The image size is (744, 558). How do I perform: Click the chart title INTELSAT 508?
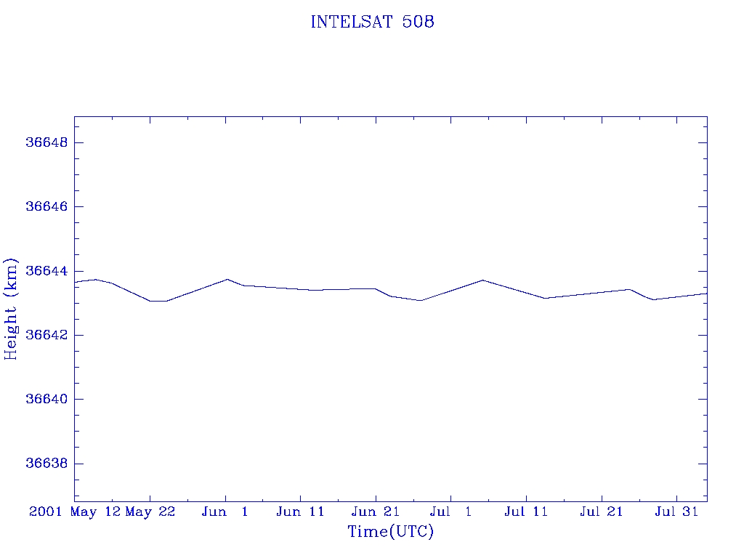(x=372, y=23)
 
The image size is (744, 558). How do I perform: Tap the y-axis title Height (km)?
(x=11, y=309)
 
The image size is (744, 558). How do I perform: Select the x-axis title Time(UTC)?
(x=391, y=532)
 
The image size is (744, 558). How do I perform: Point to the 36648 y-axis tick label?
(x=46, y=142)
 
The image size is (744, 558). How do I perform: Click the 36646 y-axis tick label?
(x=46, y=207)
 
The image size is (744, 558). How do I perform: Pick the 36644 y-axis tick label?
(x=46, y=271)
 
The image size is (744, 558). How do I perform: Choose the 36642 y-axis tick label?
(x=46, y=336)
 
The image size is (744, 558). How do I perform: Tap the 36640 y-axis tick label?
(x=46, y=400)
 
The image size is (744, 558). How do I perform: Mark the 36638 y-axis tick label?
(x=46, y=464)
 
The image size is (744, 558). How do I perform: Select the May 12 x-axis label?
(x=97, y=512)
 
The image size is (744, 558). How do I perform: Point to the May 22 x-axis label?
(x=150, y=512)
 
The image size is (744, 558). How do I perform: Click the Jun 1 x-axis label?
(x=225, y=512)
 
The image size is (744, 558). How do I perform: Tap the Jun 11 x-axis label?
(x=300, y=512)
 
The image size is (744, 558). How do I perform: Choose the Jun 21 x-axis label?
(x=376, y=512)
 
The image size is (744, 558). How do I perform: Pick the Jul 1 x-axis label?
(x=450, y=512)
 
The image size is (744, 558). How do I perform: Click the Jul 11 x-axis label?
(x=526, y=512)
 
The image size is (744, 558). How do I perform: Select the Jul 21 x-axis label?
(x=602, y=512)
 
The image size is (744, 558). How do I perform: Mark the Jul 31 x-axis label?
(x=676, y=512)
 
